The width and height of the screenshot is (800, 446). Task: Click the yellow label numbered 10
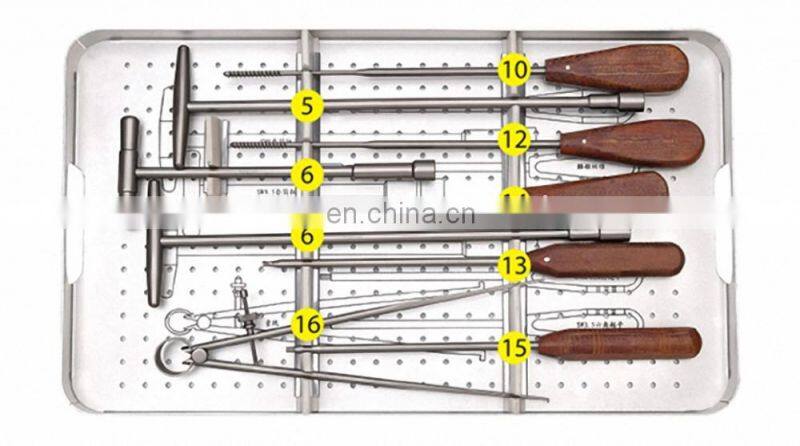tap(514, 69)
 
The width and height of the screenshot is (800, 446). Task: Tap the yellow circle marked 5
tap(306, 103)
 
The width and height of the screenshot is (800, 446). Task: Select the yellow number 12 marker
tap(514, 140)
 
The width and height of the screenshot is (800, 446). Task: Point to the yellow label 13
tap(514, 264)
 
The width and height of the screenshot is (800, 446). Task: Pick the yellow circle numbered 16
tap(307, 323)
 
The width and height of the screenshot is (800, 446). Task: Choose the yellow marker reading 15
tap(515, 347)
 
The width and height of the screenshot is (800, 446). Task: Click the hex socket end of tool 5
tap(629, 102)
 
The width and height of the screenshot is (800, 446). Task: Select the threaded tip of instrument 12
tap(260, 144)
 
